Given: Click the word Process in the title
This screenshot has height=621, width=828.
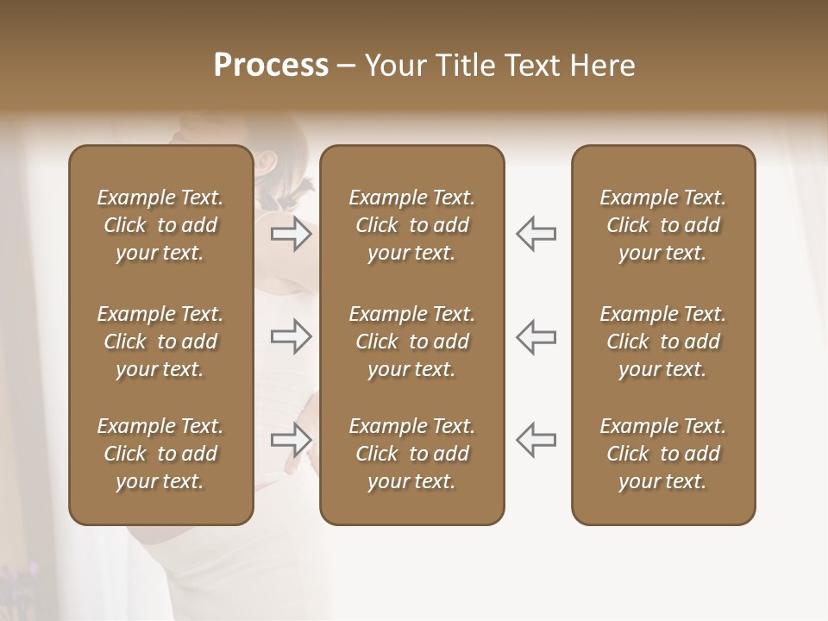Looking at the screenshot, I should click(271, 66).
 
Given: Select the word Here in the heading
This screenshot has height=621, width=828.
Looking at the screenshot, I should click(601, 66).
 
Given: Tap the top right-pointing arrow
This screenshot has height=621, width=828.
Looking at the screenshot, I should click(292, 234).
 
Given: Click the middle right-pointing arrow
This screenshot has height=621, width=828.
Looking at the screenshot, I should click(292, 336).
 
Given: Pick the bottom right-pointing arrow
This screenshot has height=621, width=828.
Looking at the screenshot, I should click(292, 440).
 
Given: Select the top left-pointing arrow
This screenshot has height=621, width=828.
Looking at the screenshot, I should click(536, 234).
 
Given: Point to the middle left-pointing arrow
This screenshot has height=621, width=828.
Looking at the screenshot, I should click(536, 336).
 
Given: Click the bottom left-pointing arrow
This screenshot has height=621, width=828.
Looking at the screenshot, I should click(536, 440).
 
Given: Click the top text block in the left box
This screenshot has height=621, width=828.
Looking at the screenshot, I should click(160, 225).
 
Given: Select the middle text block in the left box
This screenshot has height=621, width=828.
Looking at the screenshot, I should click(160, 342).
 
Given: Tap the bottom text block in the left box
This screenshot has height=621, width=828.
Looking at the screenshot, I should click(160, 454).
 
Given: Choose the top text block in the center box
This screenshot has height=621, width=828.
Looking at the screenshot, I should click(412, 225).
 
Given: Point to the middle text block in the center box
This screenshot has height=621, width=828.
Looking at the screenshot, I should click(412, 342).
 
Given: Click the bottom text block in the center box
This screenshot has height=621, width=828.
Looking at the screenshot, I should click(412, 454).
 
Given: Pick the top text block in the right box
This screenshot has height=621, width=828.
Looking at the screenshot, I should click(663, 225).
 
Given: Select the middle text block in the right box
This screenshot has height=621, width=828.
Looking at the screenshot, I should click(663, 342).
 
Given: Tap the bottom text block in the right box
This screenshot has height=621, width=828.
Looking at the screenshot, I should click(663, 454).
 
